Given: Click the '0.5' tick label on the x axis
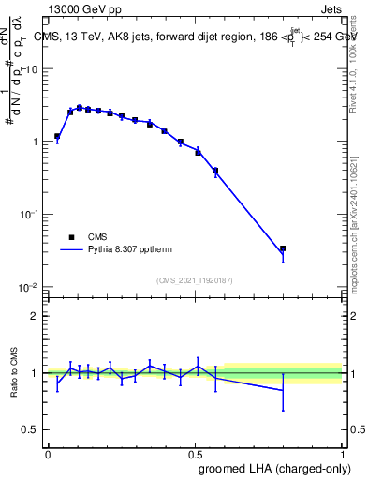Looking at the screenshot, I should tap(195, 453).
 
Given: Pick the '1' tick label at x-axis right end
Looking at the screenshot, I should tap(342, 453).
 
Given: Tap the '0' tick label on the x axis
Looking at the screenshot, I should tap(48, 453).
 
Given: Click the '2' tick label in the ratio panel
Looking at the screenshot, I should tap(36, 316).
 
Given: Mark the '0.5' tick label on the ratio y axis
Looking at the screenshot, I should tap(31, 430).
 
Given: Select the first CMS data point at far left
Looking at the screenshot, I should tap(57, 136).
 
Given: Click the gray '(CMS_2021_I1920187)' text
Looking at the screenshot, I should tap(195, 279).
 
